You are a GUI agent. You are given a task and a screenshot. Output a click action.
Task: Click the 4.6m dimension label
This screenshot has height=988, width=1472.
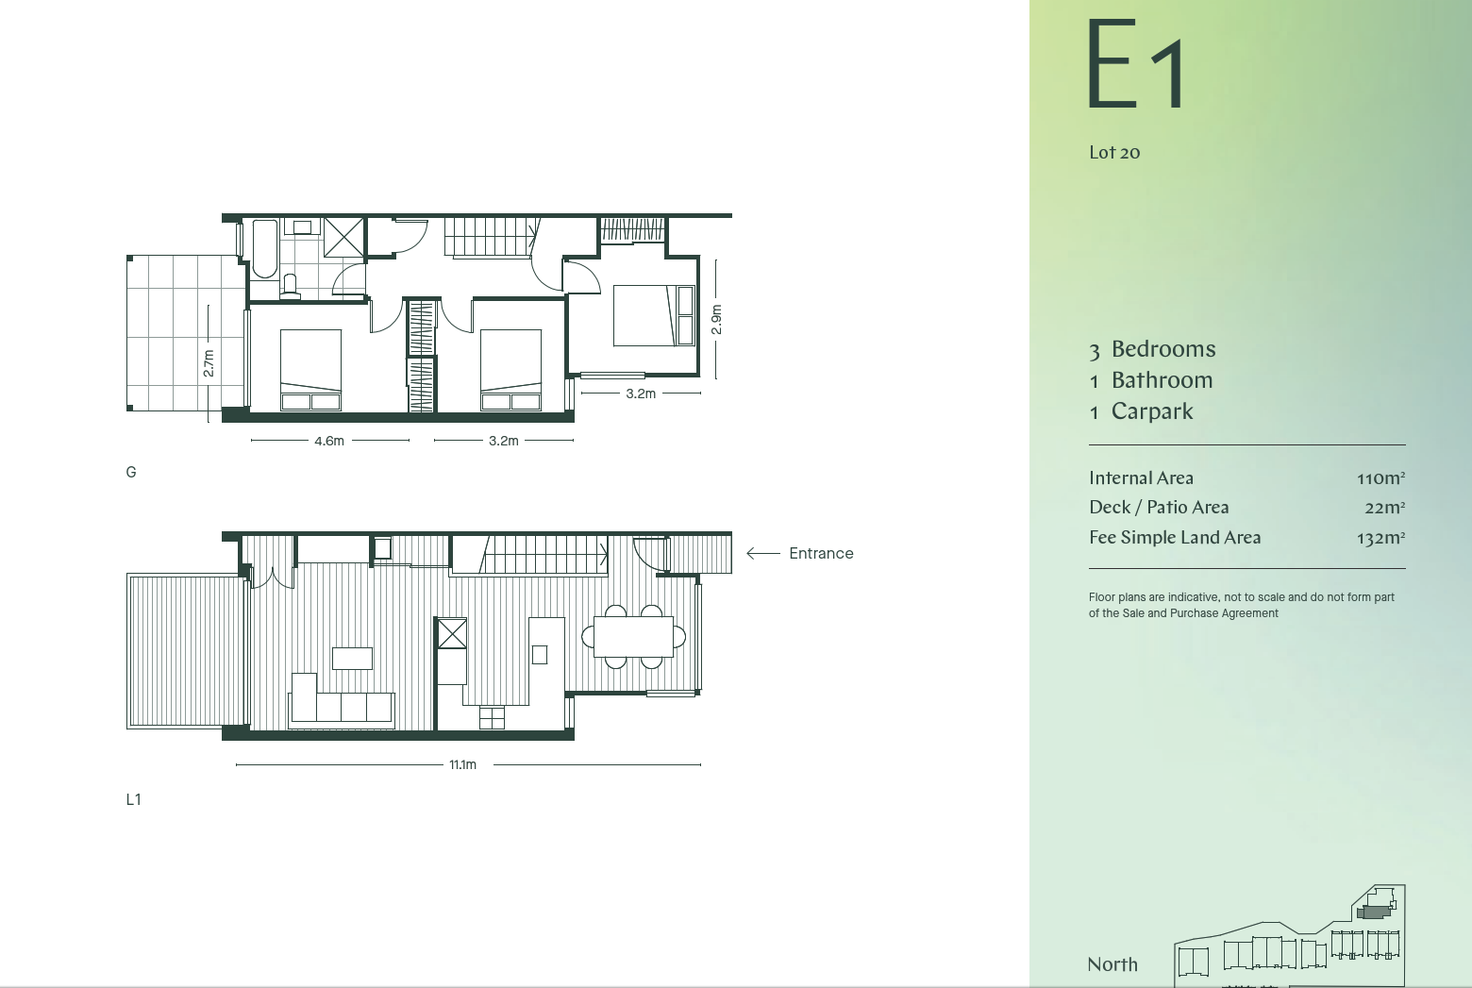329,441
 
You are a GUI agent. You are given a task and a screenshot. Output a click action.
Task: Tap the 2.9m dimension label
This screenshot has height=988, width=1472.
716,320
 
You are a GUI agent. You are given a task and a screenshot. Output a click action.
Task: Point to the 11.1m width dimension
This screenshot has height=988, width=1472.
462,764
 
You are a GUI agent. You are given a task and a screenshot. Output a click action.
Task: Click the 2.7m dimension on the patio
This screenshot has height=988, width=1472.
209,363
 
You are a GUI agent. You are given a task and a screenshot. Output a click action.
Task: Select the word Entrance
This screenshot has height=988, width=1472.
821,554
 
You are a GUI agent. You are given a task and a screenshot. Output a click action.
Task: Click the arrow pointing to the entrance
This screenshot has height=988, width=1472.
763,554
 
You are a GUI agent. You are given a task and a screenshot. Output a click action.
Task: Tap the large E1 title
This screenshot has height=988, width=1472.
1135,64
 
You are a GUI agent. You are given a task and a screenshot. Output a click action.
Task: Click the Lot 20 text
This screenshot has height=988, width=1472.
1114,153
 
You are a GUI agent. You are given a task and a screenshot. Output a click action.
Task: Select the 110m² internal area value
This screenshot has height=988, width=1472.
1380,477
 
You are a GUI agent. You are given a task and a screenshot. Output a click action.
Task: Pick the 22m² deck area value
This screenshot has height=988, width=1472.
1384,508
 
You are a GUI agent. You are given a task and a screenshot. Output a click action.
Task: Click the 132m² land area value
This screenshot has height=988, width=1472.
1380,538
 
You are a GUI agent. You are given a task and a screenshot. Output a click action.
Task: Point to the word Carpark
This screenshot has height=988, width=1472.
1152,411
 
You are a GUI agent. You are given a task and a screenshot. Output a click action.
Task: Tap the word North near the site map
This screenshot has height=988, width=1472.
1112,964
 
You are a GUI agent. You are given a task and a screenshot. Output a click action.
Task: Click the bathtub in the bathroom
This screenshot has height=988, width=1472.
265,249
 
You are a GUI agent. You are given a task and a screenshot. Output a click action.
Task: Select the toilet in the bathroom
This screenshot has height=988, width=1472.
290,287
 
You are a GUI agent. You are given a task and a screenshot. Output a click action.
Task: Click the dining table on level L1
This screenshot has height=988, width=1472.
633,636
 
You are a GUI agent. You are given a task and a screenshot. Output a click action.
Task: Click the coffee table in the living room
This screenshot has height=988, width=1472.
352,658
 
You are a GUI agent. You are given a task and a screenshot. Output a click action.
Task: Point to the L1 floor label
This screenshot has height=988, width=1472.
133,799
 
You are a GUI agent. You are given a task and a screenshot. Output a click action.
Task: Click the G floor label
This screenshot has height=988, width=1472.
131,472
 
